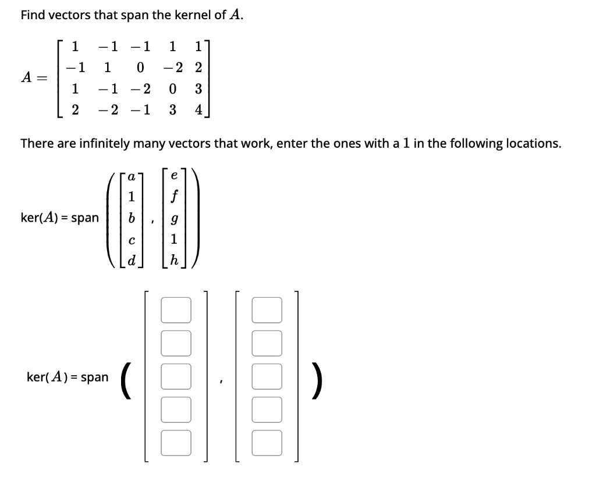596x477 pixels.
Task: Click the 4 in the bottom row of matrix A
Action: [199, 111]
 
